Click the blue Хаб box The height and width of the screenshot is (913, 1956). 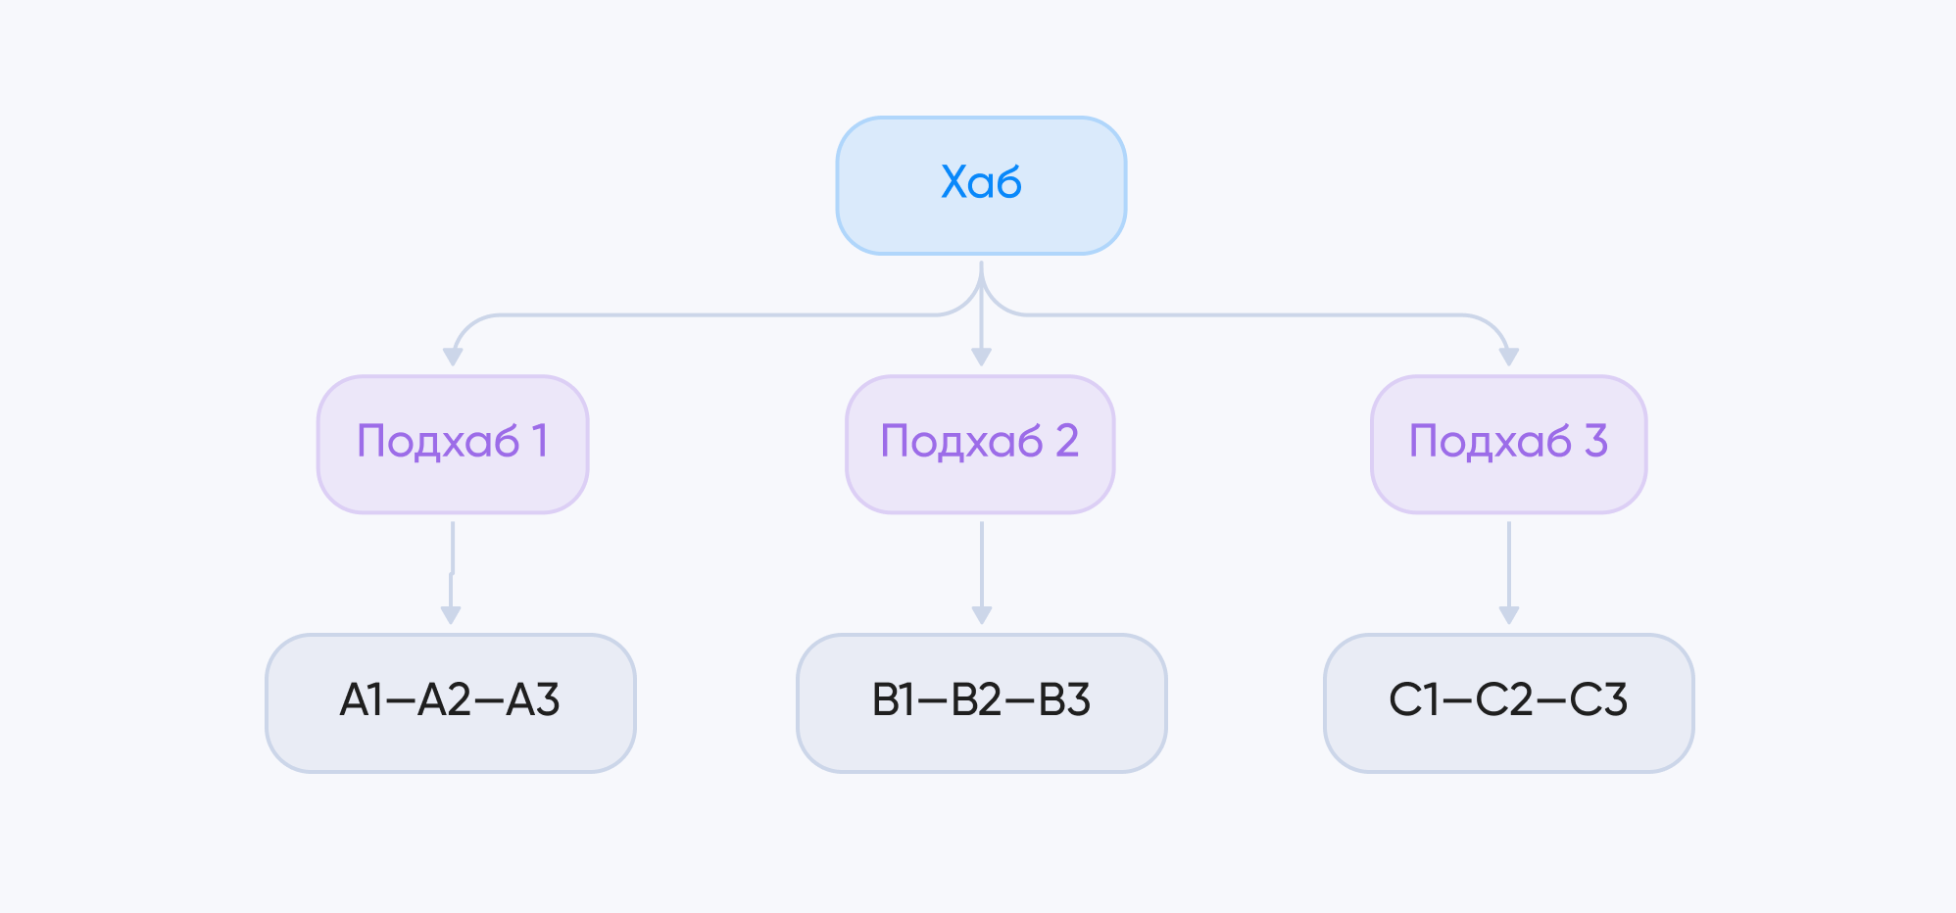point(981,185)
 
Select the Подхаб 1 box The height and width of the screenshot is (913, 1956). point(452,444)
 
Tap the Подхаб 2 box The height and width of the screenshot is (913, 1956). point(980,444)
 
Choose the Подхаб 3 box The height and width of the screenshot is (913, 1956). point(1508,444)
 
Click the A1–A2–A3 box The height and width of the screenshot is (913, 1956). point(451,702)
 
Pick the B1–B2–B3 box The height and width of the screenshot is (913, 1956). point(981,702)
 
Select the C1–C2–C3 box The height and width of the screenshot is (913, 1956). point(1508,702)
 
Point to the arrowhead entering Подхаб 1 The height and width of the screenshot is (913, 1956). point(453,357)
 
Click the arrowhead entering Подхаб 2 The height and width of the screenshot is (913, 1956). point(981,357)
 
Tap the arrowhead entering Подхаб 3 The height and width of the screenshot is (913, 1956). point(1509,357)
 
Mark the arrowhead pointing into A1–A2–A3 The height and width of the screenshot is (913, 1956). point(451,615)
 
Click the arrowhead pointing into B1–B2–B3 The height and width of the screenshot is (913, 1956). point(981,615)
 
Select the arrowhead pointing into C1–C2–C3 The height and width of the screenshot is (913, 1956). point(1509,615)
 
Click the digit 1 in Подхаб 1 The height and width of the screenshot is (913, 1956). point(539,441)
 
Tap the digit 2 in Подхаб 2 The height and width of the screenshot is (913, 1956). point(1067,441)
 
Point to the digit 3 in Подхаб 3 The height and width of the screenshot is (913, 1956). point(1596,441)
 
